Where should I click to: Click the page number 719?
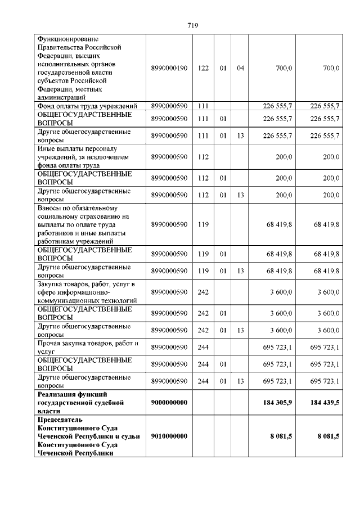tap(192, 25)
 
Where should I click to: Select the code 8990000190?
tap(169, 68)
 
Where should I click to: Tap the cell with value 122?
tap(204, 68)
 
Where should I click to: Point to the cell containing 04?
tap(241, 68)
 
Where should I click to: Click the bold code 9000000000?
tap(169, 403)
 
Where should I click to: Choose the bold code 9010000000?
tap(169, 436)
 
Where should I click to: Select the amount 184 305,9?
tap(277, 403)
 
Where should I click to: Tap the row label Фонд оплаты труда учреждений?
tap(87, 106)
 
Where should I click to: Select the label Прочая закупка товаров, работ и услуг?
tap(87, 348)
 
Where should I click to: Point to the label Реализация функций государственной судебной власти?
tap(79, 403)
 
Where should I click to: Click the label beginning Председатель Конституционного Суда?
tap(87, 436)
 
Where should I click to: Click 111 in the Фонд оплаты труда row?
tap(204, 106)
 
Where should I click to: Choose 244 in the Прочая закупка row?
tap(204, 348)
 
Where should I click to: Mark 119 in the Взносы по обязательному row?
tap(204, 224)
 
